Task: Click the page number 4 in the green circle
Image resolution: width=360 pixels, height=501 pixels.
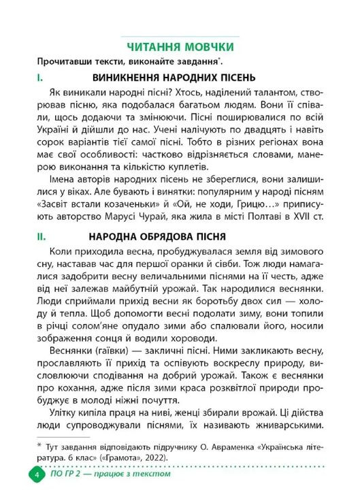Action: coord(31,474)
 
